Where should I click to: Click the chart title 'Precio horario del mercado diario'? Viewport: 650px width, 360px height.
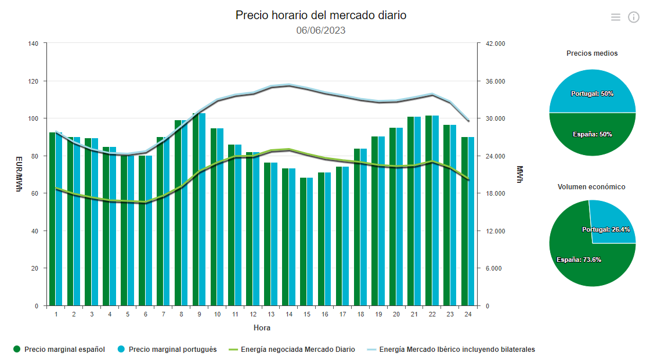coord(320,16)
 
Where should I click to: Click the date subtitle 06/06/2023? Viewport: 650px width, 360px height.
coord(320,30)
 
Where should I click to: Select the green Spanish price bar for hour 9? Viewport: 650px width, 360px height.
coord(196,209)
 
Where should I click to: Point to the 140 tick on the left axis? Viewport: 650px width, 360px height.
coord(33,44)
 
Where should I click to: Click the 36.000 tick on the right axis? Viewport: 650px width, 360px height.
coord(495,81)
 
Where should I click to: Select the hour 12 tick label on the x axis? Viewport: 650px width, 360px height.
coord(253,314)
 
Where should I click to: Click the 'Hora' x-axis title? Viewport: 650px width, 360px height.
coord(262,327)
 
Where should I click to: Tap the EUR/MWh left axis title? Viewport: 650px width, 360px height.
coord(18,174)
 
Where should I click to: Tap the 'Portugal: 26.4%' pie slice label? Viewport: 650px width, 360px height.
coord(606,229)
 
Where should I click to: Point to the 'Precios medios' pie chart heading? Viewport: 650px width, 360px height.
coord(592,53)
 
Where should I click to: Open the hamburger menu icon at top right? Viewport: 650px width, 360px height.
coord(616,17)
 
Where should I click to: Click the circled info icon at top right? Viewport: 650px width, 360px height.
coord(634,17)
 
